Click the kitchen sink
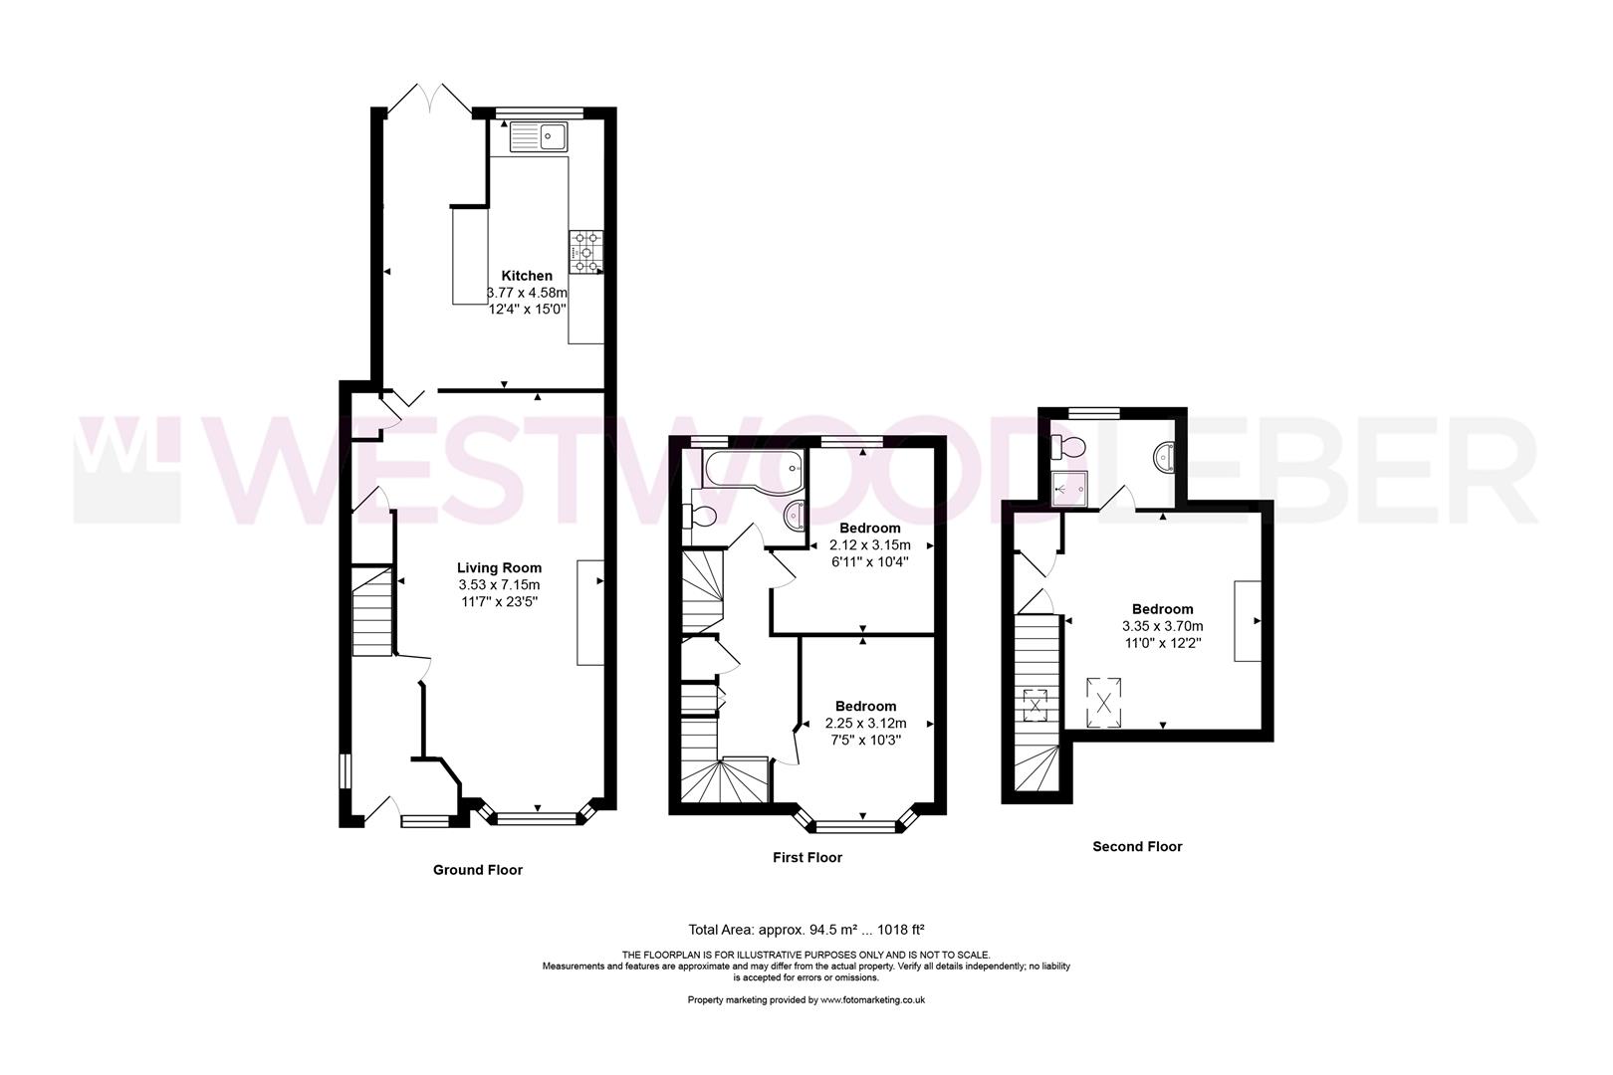tap(539, 136)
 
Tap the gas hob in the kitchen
tap(586, 252)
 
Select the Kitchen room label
tap(527, 276)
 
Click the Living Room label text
tap(499, 567)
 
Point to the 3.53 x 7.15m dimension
tap(499, 584)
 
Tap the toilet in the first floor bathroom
tap(700, 516)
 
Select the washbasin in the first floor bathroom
tap(795, 515)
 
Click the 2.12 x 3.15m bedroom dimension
tap(870, 545)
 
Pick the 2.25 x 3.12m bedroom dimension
tap(865, 723)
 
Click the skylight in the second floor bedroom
tap(1104, 703)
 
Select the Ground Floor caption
tap(478, 870)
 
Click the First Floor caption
tap(807, 858)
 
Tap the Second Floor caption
tap(1137, 847)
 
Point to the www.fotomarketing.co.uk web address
tap(873, 1000)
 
